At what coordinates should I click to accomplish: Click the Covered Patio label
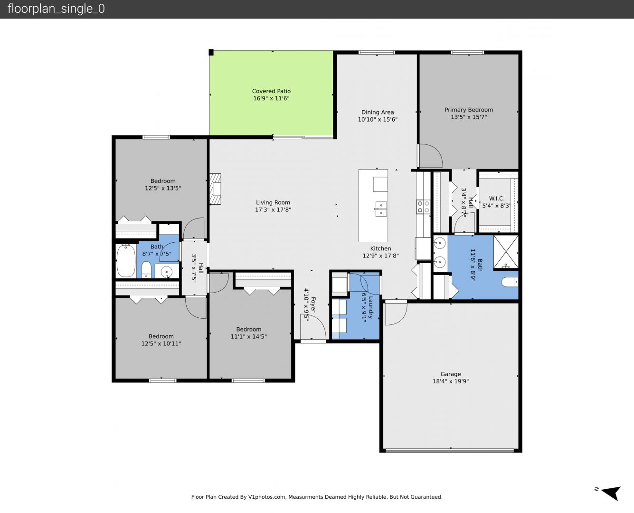point(271,91)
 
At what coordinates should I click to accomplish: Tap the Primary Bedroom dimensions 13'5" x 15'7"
point(469,117)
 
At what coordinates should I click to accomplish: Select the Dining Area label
point(378,112)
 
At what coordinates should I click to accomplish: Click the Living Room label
point(273,202)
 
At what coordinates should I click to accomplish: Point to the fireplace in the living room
point(215,189)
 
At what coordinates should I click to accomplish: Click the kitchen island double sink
point(381,209)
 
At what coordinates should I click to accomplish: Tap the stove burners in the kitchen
point(423,207)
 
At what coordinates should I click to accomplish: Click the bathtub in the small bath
point(126,261)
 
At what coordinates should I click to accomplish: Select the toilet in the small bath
point(146,269)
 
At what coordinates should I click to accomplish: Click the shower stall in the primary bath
point(506,252)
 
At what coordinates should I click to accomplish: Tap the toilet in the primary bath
point(510,282)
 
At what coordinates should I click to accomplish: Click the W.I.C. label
point(496,198)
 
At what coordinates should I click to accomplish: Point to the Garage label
point(451,374)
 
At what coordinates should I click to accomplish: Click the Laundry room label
point(371,307)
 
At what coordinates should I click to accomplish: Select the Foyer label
point(313,304)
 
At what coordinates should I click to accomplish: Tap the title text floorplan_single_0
point(56,9)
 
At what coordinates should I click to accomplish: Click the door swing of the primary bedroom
point(431,155)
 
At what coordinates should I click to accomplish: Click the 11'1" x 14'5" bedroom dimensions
point(248,336)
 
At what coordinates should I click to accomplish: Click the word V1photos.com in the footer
point(267,497)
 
